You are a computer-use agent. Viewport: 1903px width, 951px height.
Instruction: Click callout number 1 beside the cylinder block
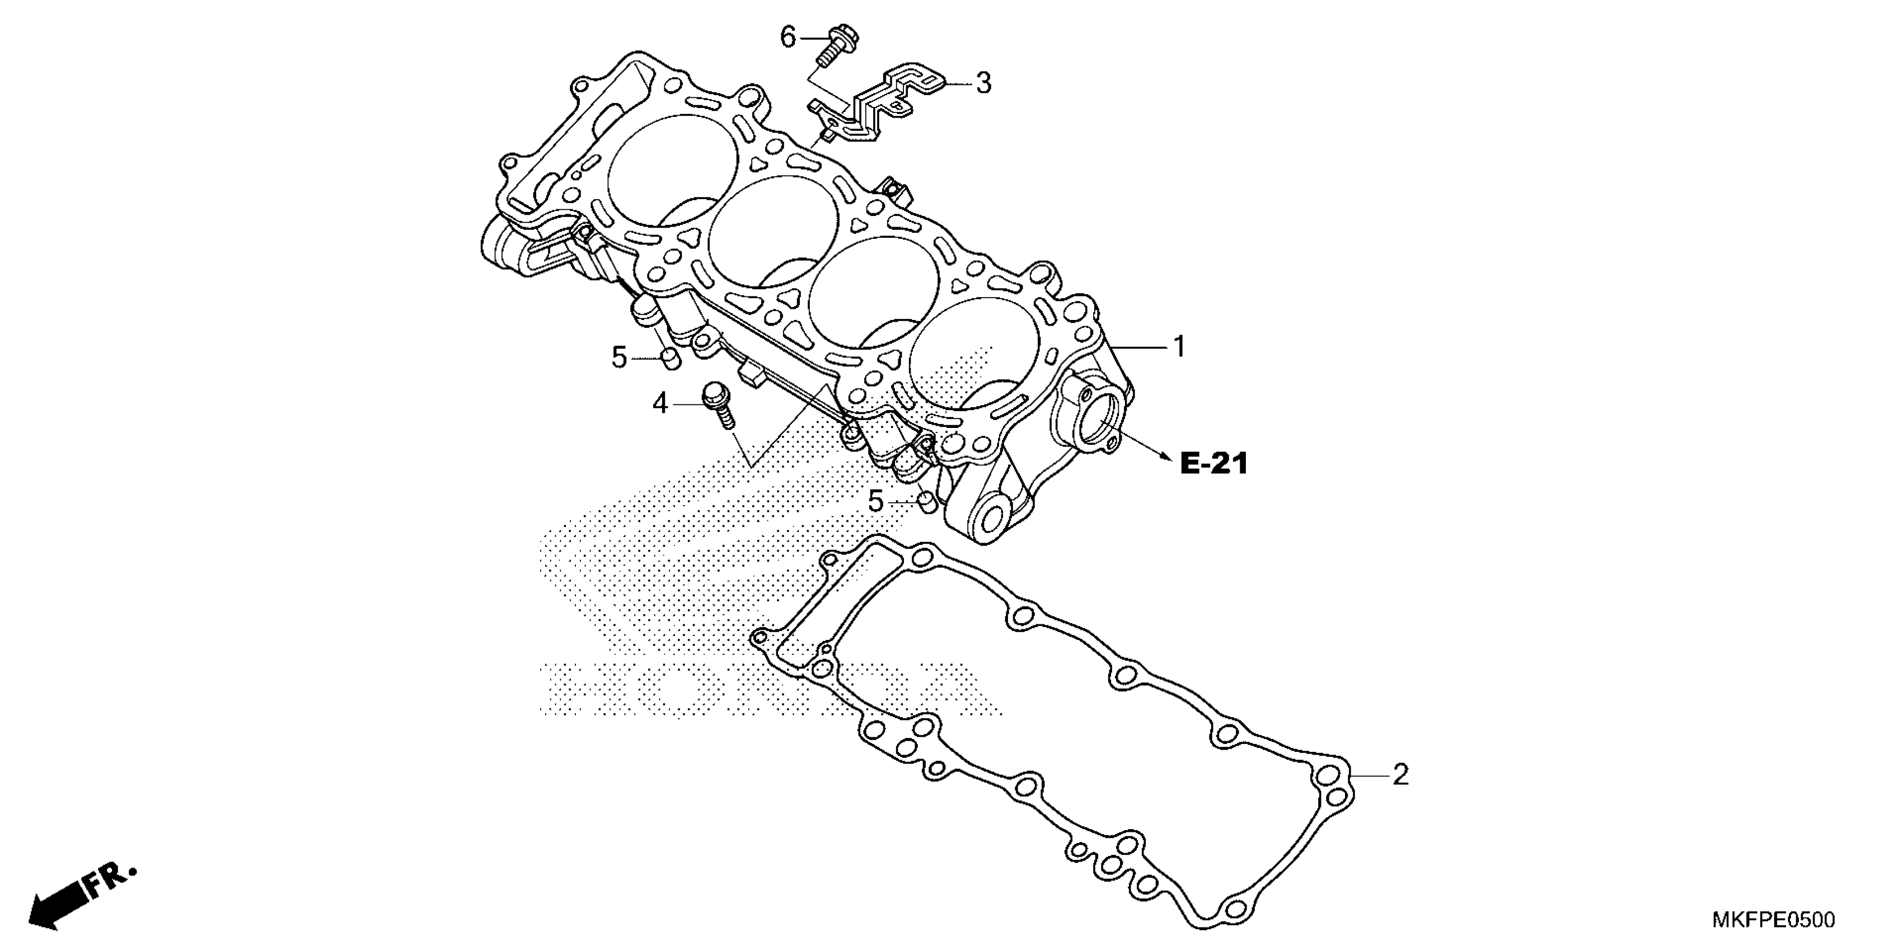coord(1179,346)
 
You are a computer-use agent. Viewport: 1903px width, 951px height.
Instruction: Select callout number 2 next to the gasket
coord(1400,775)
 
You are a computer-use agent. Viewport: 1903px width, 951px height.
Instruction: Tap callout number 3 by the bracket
coord(983,83)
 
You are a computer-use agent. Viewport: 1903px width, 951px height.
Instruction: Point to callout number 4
coord(660,403)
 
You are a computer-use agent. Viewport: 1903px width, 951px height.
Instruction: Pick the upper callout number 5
coord(619,358)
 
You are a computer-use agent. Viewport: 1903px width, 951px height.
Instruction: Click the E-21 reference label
coord(1214,464)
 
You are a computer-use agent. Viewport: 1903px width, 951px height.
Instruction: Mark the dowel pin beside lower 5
coord(926,503)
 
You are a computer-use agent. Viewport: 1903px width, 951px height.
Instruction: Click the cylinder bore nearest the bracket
coord(672,170)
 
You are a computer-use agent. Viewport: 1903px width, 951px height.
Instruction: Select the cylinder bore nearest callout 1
coord(975,355)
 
